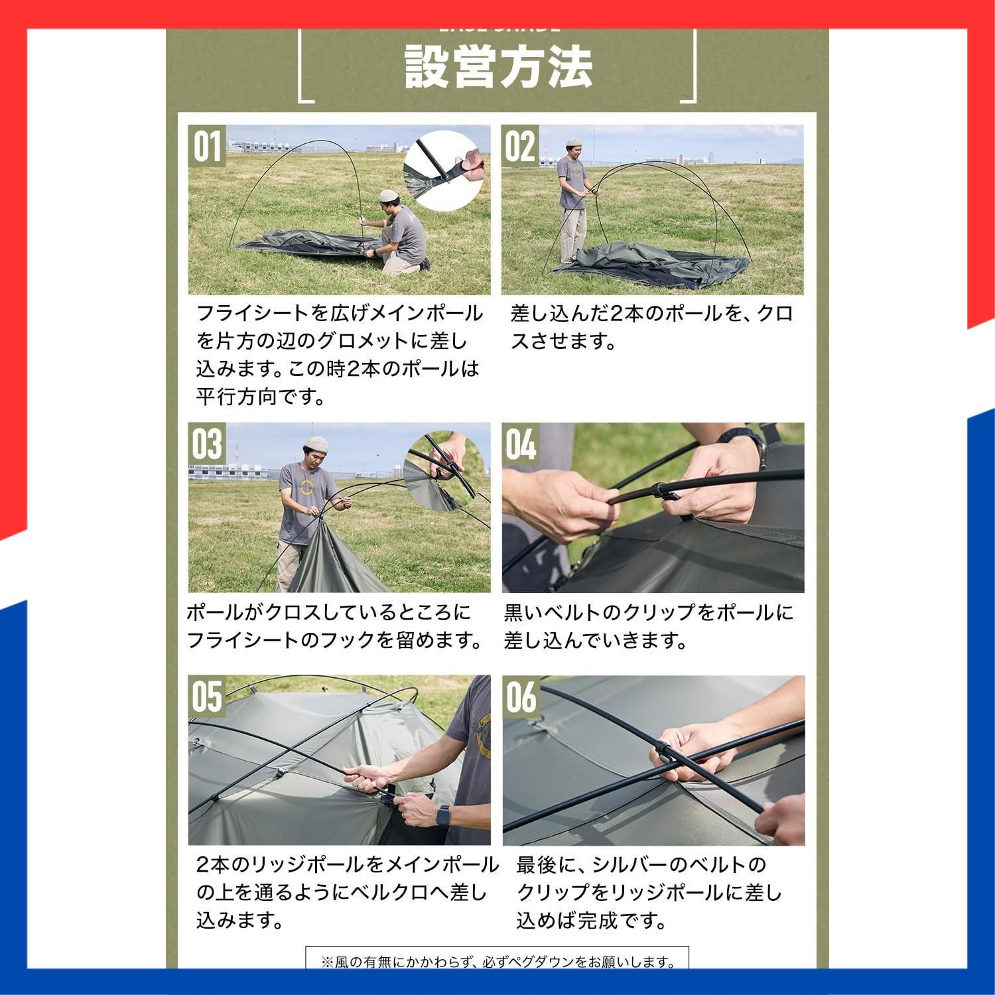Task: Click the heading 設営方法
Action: click(x=497, y=67)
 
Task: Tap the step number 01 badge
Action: click(x=206, y=146)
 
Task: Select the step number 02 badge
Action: click(x=519, y=146)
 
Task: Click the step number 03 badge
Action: click(x=206, y=444)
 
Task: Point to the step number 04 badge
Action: click(x=519, y=444)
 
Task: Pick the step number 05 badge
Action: click(x=206, y=696)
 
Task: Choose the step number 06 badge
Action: click(x=519, y=696)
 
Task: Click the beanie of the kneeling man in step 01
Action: click(x=387, y=196)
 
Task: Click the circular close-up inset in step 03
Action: click(x=443, y=472)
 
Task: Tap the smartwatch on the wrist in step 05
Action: click(x=442, y=815)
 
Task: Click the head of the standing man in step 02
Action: click(x=574, y=149)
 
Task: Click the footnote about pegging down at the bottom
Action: click(x=497, y=961)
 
